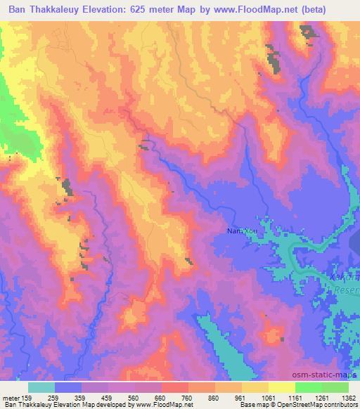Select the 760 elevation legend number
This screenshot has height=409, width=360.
(x=188, y=398)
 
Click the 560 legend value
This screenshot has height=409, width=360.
(x=135, y=398)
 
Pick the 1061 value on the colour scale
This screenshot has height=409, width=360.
(x=268, y=398)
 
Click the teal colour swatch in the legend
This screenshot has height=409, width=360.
(x=41, y=387)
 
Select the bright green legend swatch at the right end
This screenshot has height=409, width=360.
(x=335, y=387)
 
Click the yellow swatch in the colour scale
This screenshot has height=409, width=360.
(x=281, y=387)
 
